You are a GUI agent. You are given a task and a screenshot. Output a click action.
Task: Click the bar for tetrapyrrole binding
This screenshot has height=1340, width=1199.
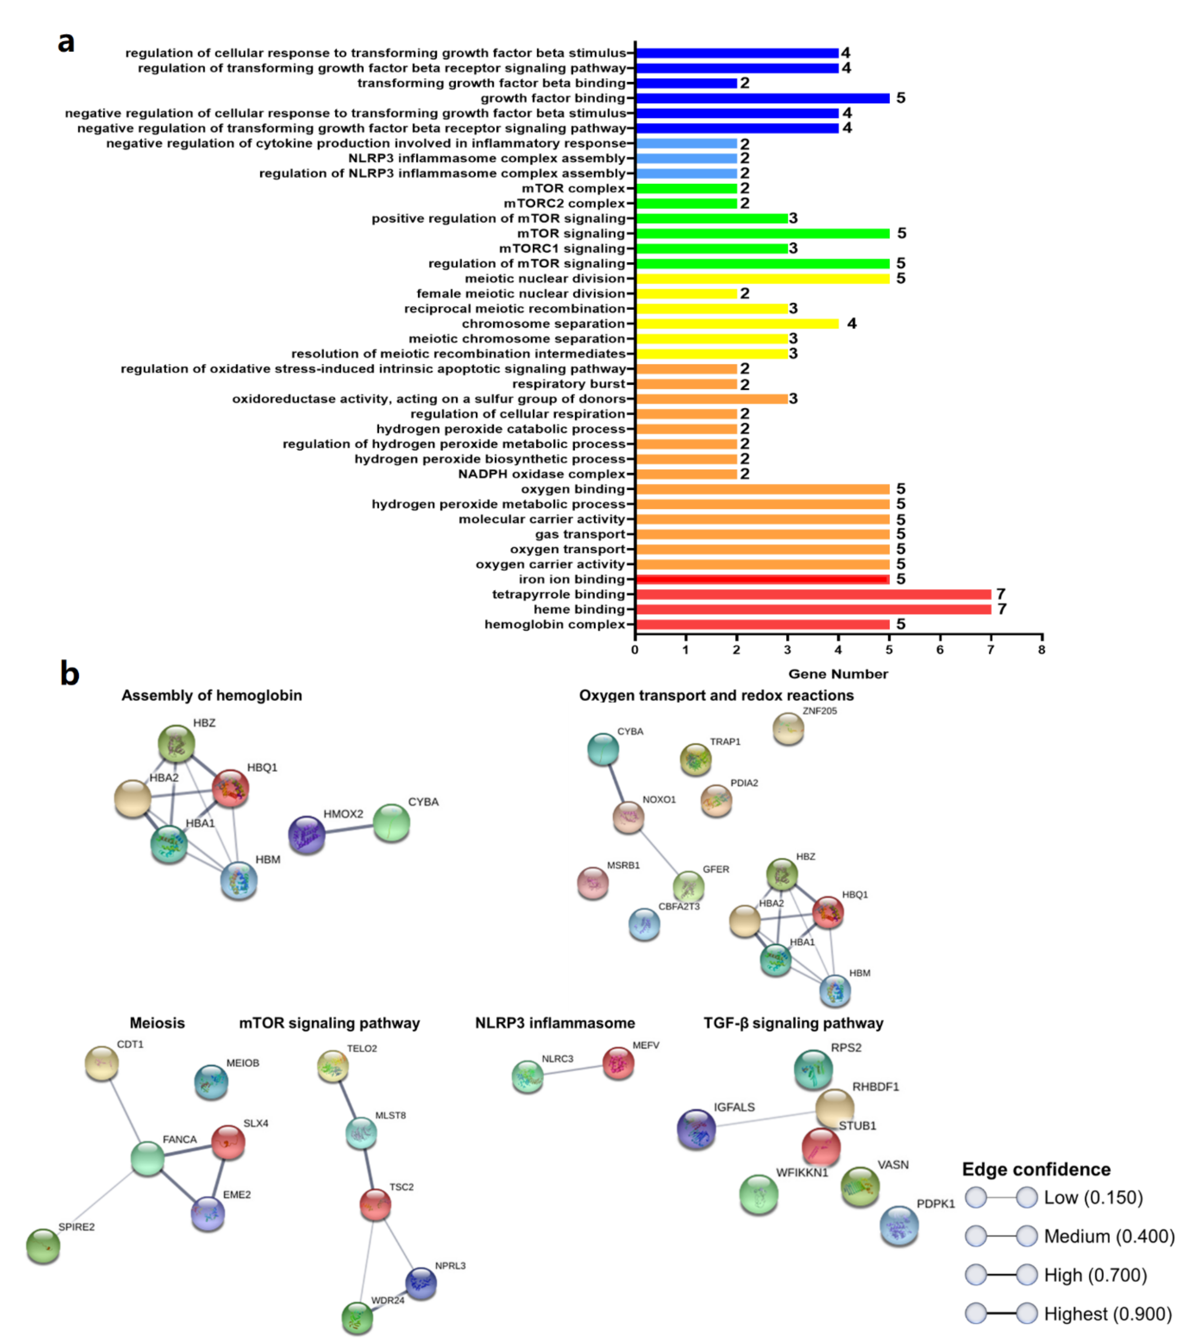tap(813, 594)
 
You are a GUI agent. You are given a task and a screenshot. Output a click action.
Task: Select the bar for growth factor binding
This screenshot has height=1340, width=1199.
tap(762, 98)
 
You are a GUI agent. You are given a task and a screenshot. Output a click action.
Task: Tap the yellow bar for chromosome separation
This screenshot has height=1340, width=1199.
tap(736, 323)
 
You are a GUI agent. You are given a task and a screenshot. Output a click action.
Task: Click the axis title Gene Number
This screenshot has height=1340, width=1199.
tap(838, 673)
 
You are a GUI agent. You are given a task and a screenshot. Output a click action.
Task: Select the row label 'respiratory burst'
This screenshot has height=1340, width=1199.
tap(569, 384)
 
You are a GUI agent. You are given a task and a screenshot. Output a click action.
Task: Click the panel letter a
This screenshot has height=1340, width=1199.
tap(66, 42)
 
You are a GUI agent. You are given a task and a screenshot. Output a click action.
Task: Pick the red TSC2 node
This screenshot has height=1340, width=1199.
tap(376, 1204)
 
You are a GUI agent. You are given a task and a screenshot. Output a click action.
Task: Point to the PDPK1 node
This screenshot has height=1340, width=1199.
tap(899, 1225)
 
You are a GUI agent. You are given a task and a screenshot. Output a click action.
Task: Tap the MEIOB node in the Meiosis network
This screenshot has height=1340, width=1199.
tap(211, 1081)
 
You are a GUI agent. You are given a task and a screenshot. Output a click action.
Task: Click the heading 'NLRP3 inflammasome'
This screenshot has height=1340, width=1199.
tap(555, 1023)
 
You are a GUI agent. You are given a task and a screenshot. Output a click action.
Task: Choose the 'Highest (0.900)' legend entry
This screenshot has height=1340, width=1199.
tap(1107, 1314)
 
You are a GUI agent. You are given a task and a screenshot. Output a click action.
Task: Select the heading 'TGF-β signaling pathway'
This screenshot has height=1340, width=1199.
tap(793, 1023)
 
